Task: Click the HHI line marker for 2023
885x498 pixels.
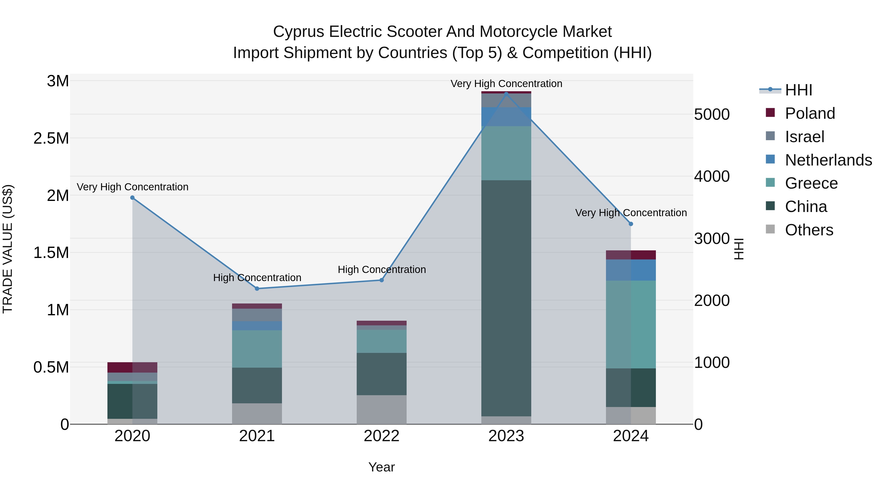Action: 506,94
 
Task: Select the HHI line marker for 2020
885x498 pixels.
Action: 132,198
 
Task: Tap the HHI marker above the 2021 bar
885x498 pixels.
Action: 257,289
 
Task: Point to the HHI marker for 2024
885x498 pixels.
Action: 631,224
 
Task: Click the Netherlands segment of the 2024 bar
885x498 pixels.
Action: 631,270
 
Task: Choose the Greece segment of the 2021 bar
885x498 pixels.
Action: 257,349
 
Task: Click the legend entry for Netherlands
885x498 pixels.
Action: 828,160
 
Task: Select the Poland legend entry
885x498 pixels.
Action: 810,113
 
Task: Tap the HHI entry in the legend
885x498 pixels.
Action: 798,90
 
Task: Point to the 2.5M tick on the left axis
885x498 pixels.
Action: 51,138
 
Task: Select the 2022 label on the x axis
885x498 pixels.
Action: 381,436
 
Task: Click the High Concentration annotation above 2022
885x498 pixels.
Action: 382,270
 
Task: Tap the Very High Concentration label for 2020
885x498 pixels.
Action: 132,187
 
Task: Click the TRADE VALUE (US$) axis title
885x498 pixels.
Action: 8,249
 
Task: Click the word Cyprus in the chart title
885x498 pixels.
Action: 298,32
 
